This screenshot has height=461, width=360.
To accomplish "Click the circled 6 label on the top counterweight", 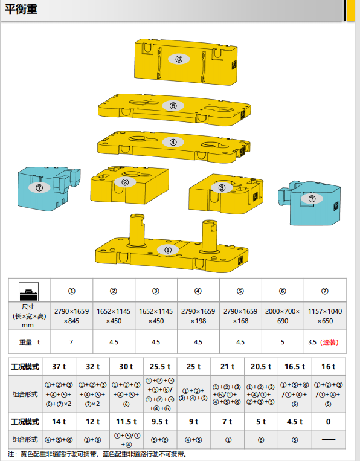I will click(179, 59).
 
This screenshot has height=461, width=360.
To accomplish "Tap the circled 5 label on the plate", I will click(173, 106).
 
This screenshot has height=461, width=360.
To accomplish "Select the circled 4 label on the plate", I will click(173, 143).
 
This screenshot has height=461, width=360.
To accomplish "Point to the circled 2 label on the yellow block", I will click(125, 182).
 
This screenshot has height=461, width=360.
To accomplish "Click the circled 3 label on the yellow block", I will click(222, 188).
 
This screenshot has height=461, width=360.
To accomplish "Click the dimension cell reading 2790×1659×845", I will click(71, 315).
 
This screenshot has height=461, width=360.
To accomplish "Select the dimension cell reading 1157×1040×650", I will click(325, 315).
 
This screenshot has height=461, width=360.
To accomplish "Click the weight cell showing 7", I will click(71, 341).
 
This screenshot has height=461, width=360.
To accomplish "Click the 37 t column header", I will click(59, 366).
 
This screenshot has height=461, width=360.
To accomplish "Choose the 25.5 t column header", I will click(160, 366).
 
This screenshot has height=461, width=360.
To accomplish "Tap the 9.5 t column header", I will click(160, 421).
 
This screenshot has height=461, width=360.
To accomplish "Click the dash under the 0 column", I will click(328, 439).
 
